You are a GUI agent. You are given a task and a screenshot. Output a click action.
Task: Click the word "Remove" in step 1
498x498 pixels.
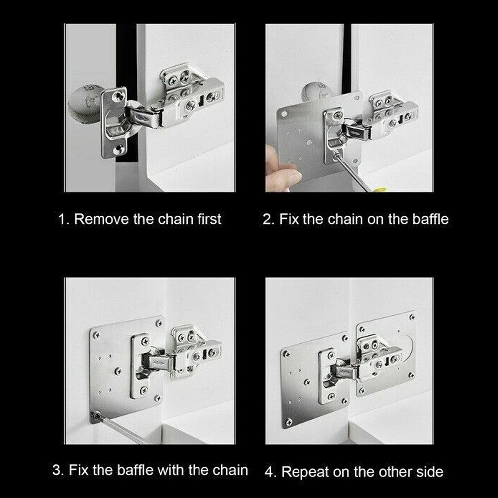[x=101, y=219]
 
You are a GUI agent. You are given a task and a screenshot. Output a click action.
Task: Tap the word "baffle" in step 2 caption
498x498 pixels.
[x=430, y=219]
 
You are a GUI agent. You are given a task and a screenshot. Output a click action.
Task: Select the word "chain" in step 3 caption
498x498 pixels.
[x=230, y=470]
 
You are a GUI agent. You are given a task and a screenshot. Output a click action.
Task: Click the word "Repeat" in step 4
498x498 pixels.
[x=305, y=472]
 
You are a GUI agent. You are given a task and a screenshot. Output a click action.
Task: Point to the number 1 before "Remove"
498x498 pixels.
[x=62, y=219]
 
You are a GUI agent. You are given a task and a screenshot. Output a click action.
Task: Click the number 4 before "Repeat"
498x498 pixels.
[x=270, y=472]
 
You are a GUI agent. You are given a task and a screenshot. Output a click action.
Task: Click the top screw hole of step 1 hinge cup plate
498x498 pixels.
[x=118, y=96]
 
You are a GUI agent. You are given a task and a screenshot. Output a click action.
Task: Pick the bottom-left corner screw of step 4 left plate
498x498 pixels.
[x=289, y=422]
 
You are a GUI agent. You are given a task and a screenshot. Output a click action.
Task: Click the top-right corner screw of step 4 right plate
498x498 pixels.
[x=412, y=317]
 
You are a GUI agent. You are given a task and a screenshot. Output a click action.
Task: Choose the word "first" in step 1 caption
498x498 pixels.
[x=209, y=219]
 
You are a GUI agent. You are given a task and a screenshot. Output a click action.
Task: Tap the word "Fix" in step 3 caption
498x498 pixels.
[x=78, y=470]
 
